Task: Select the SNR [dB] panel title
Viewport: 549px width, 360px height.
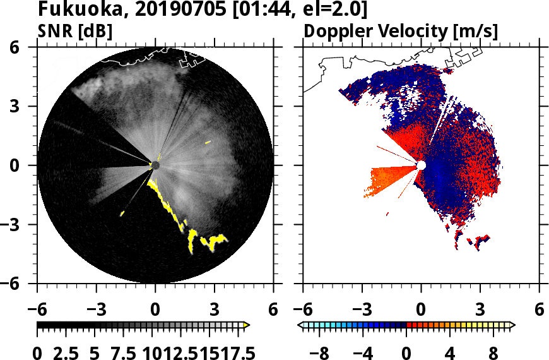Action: [x=75, y=31]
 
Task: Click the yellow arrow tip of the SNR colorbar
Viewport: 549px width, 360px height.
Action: [x=247, y=325]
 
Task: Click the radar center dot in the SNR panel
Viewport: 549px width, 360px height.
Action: [x=155, y=165]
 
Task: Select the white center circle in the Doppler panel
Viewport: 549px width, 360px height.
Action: [x=421, y=165]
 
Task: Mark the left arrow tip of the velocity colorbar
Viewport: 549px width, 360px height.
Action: [x=300, y=325]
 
